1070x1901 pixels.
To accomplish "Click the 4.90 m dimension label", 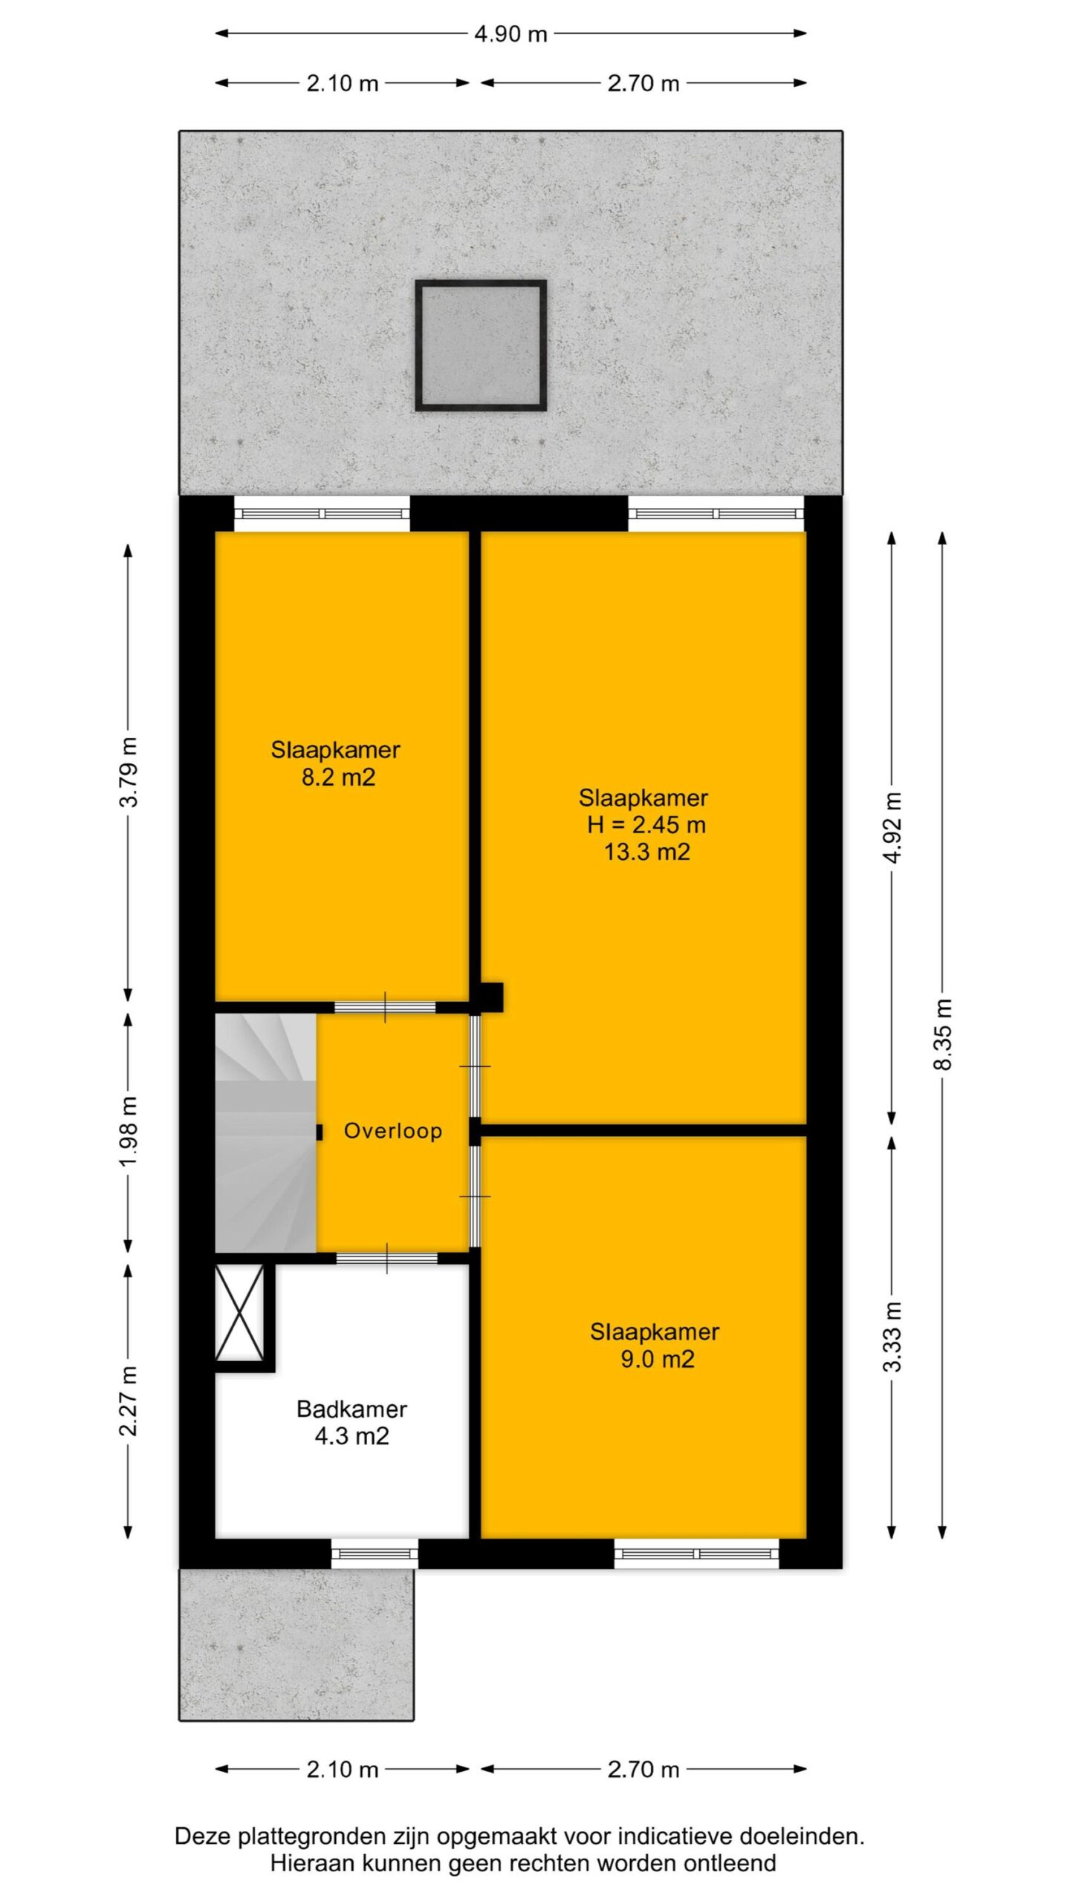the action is click(510, 34).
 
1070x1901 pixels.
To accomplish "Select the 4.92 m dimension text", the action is click(893, 827).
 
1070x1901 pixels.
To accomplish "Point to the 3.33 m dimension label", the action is click(893, 1336).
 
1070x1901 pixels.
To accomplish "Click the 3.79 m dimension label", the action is click(129, 772).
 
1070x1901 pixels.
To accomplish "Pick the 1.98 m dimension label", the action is click(129, 1131).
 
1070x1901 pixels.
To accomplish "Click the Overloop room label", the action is click(392, 1131).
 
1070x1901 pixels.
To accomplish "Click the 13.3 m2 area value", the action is click(646, 852).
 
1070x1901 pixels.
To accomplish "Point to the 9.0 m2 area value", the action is click(658, 1359).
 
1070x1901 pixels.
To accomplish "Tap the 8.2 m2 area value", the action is click(338, 777).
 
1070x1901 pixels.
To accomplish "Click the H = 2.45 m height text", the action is click(646, 824).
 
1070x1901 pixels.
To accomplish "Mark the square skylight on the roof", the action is click(481, 345).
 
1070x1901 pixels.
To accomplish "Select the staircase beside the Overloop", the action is click(265, 1132).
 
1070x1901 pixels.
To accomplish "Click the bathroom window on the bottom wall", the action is click(374, 1553).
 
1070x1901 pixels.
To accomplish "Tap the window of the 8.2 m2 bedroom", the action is click(322, 513).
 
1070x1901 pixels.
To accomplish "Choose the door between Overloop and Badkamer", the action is click(386, 1258).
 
